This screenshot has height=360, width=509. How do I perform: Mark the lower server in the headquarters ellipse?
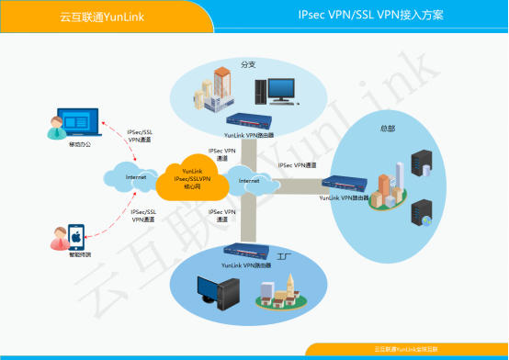[x=421, y=214]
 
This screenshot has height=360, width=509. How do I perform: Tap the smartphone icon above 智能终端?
[x=77, y=236]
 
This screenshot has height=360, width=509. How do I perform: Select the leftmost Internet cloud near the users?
[x=135, y=175]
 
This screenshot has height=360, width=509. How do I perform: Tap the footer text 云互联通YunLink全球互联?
[x=405, y=349]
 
